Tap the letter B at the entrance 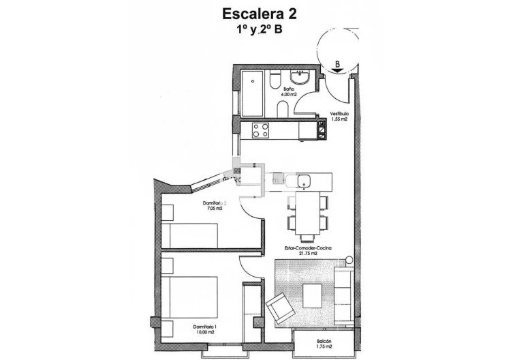pos(337,64)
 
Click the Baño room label pos(289,89)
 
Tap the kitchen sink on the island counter pos(302,181)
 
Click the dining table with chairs pos(308,213)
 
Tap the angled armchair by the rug pos(279,310)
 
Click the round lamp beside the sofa pos(348,260)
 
